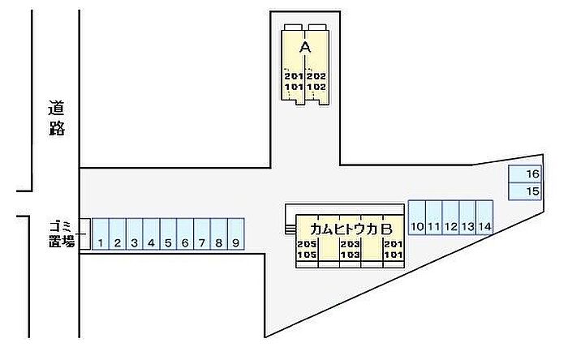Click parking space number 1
(x=101, y=234)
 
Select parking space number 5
(x=168, y=234)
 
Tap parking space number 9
(x=236, y=234)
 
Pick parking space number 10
(x=417, y=217)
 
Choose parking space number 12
(x=450, y=217)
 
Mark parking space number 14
(x=484, y=217)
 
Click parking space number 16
(x=525, y=174)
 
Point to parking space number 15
(x=525, y=191)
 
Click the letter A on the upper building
(x=305, y=47)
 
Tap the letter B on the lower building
(x=386, y=229)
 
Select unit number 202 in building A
(x=316, y=76)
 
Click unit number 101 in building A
(x=294, y=88)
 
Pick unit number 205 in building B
(x=307, y=244)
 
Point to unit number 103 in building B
(x=351, y=255)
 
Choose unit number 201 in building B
(x=394, y=244)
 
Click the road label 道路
(x=57, y=118)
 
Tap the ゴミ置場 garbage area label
(x=62, y=234)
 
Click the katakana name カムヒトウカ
(x=344, y=229)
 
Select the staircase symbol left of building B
(x=290, y=229)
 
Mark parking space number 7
(x=202, y=234)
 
